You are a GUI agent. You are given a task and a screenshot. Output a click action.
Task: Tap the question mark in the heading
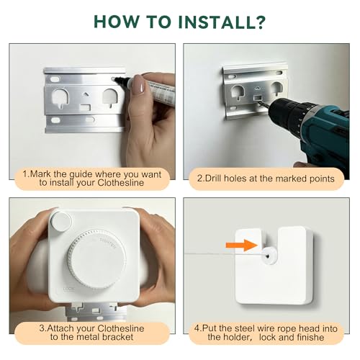coord(258,22)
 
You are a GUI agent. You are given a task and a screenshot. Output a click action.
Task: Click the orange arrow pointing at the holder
coord(242,246)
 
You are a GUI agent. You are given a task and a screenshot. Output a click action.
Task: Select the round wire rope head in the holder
coord(269,256)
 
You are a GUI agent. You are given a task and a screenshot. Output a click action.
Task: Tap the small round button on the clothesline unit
coord(60,221)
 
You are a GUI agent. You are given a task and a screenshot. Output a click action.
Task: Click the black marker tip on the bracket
coord(118,79)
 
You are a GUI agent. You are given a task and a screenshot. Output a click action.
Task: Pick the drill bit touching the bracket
coord(264,105)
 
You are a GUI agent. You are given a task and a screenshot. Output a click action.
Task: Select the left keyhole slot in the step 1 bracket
coord(60,98)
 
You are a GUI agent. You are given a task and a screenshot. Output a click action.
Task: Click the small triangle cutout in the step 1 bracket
coord(85,94)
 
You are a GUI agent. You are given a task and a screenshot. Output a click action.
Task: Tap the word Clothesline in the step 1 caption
coord(121,183)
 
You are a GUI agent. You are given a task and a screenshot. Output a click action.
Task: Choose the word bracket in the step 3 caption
coord(117,337)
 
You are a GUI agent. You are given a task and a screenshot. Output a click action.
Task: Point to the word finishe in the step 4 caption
coord(310,337)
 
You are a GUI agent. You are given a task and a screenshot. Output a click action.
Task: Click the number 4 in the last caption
coord(197,328)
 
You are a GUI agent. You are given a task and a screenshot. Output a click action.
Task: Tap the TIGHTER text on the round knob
coord(108,243)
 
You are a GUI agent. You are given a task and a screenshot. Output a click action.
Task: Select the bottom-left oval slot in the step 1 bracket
coord(55,120)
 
